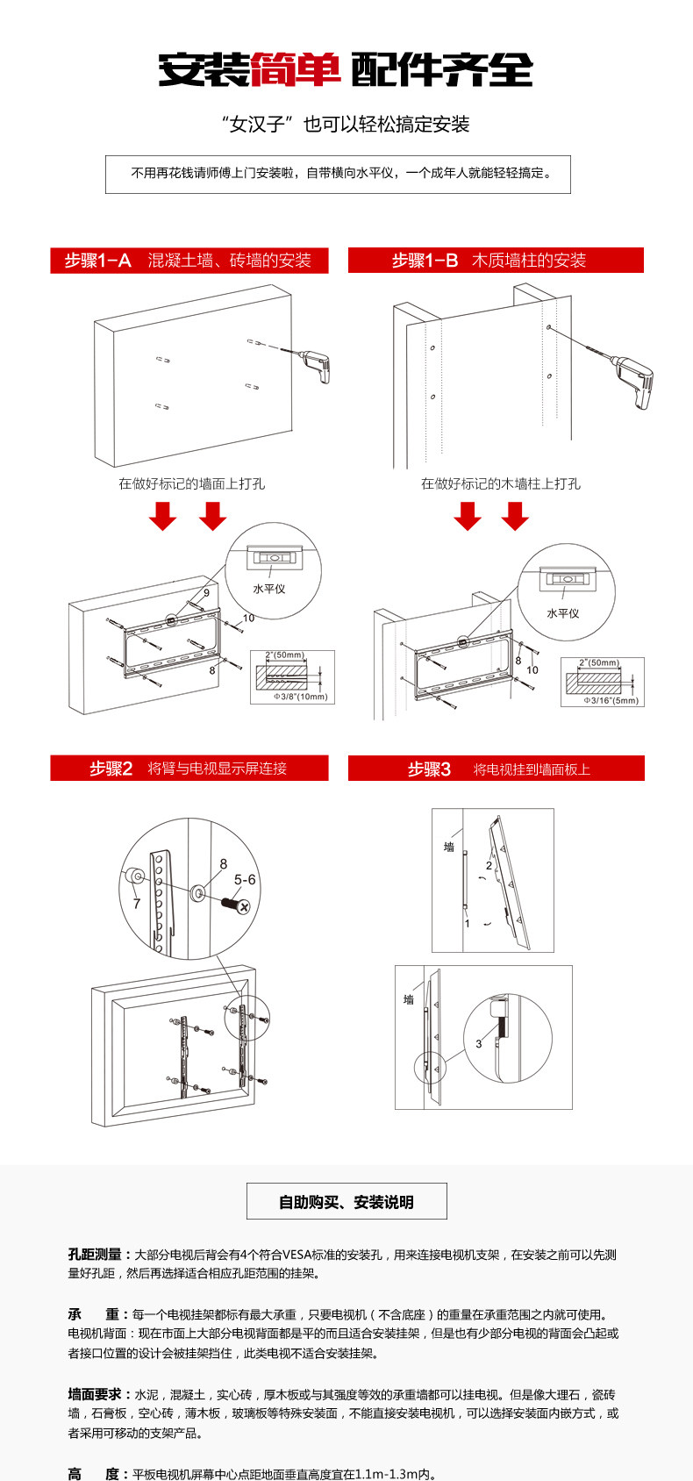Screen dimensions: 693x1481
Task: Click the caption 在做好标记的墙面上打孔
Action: [191, 483]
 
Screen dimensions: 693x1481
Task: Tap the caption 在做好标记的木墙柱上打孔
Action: [500, 483]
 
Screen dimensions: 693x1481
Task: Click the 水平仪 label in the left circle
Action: [269, 589]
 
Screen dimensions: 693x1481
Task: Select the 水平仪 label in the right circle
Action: [562, 613]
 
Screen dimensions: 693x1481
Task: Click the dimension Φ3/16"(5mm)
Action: [611, 700]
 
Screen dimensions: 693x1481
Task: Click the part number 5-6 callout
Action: [245, 880]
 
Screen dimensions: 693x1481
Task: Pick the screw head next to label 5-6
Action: [242, 905]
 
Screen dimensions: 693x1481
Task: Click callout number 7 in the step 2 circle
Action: [137, 903]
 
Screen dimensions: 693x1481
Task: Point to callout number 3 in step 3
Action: [478, 1043]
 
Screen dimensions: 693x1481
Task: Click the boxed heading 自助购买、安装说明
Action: [346, 1202]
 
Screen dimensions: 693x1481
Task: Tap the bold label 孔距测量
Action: [99, 1255]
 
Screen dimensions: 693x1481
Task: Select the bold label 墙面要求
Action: [99, 1394]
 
